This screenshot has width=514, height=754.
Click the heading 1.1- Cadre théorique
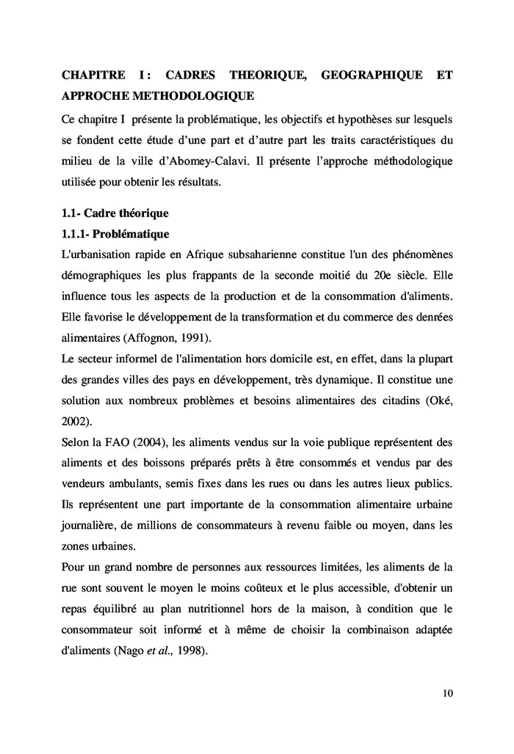115,214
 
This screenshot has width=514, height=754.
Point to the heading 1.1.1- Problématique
115,235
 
